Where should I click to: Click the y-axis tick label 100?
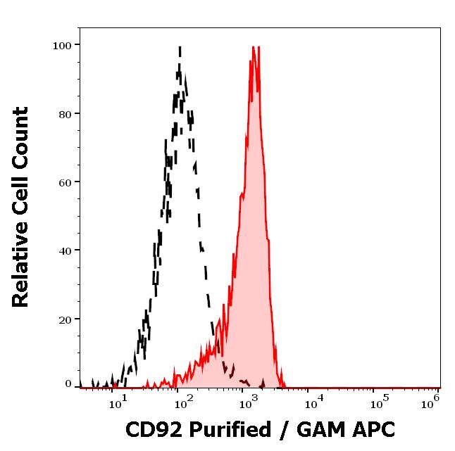click(x=62, y=46)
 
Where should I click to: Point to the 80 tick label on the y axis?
click(x=65, y=114)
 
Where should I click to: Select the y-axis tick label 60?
click(x=65, y=182)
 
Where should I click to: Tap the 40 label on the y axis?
click(x=65, y=250)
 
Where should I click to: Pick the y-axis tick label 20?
click(x=65, y=319)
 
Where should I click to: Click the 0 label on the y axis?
click(x=68, y=384)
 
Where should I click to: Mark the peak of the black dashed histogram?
click(x=180, y=48)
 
